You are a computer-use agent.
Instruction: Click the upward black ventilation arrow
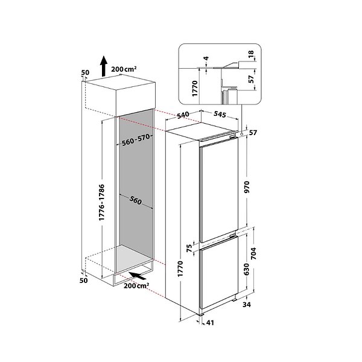pos(104,66)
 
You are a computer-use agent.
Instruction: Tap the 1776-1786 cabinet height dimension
pos(102,203)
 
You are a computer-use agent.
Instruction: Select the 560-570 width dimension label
pos(136,140)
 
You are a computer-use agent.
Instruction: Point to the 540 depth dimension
pos(182,115)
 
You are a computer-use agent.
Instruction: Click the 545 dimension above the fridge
pos(220,114)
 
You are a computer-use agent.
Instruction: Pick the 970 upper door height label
pos(247,187)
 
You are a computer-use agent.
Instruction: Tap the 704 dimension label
pos(253,253)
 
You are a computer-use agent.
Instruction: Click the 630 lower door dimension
pos(247,269)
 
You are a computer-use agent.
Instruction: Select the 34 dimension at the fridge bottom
pos(247,305)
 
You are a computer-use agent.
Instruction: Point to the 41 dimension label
pos(209,323)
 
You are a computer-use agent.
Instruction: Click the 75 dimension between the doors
pos(189,248)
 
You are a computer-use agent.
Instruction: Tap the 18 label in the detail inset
pos(251,54)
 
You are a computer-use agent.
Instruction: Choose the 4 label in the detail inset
pos(206,58)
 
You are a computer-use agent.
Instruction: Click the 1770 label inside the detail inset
pos(195,89)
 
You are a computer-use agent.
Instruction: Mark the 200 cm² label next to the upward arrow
pos(124,69)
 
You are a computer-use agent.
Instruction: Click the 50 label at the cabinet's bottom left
pos(84,281)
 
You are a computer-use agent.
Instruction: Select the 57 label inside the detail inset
pos(251,79)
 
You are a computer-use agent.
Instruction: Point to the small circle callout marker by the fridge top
pos(241,134)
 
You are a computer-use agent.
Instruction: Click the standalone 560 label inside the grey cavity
pos(136,200)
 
